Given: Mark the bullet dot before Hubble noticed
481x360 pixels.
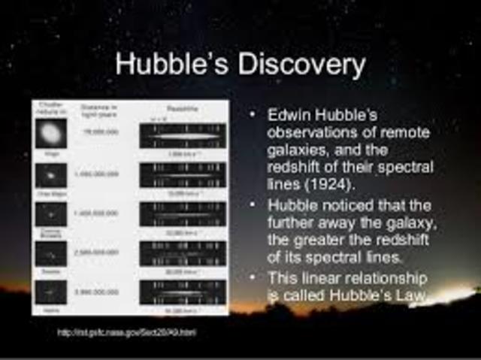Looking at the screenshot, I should pyautogui.click(x=253, y=205).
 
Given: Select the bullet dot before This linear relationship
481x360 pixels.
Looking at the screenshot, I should pyautogui.click(x=253, y=277).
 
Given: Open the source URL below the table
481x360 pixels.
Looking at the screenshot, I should pyautogui.click(x=126, y=331).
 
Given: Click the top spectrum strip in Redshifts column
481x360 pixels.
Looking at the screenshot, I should pyautogui.click(x=182, y=136).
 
